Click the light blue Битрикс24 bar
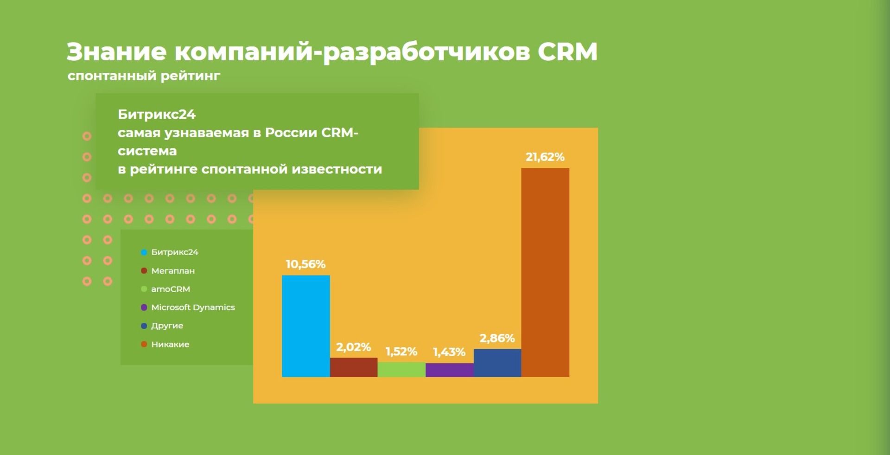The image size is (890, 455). [x=306, y=326]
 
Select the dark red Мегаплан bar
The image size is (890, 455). [x=354, y=367]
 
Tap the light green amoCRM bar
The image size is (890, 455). [x=401, y=370]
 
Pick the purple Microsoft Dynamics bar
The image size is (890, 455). [x=450, y=370]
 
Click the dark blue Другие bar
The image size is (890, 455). [x=497, y=363]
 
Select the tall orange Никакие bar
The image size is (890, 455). [x=545, y=273]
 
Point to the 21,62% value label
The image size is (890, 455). [x=545, y=157]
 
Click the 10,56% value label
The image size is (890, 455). [x=305, y=264]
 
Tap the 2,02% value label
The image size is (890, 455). [x=353, y=347]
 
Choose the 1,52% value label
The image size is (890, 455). [x=401, y=352]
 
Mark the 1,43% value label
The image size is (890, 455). [x=449, y=352]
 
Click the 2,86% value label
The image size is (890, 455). [x=497, y=338]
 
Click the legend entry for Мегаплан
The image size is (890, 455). [x=168, y=270]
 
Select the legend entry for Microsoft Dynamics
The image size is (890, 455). [x=188, y=308]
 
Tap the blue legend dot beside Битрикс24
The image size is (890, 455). [x=144, y=252]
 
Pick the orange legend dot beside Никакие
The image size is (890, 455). [x=144, y=344]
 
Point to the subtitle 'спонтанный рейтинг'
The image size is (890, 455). [x=144, y=76]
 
